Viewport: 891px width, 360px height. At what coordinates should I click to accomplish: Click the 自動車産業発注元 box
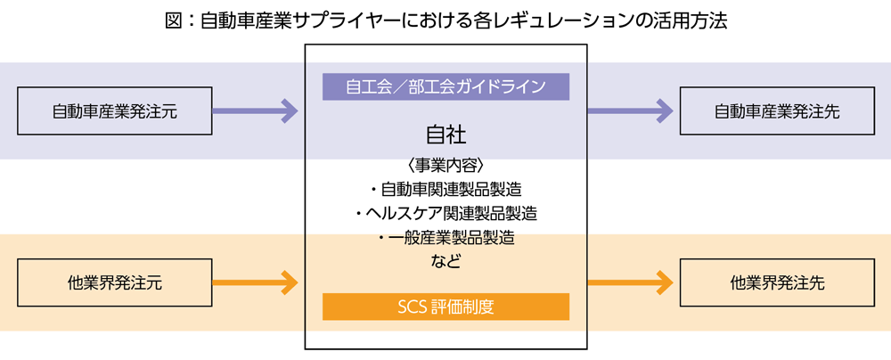tap(115, 111)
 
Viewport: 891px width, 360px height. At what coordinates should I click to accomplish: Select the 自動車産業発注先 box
tap(776, 111)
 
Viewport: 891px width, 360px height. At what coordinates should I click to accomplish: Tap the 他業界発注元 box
tap(115, 283)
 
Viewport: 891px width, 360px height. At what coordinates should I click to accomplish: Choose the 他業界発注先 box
tap(776, 283)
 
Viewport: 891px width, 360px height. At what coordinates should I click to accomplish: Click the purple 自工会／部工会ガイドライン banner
tap(445, 86)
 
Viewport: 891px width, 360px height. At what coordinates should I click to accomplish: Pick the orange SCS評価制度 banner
tap(445, 307)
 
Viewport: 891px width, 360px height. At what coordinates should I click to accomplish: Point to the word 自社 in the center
tap(445, 135)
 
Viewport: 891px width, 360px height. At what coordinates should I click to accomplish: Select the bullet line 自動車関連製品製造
tap(445, 189)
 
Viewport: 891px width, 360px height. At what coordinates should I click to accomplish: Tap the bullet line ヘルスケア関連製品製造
tap(445, 214)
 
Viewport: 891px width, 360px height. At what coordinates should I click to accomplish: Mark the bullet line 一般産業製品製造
tap(445, 238)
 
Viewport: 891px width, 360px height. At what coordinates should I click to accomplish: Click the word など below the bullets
tap(445, 262)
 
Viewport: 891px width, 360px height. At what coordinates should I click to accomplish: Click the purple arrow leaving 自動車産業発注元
tap(256, 111)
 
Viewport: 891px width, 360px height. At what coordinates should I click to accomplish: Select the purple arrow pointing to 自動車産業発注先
tap(630, 111)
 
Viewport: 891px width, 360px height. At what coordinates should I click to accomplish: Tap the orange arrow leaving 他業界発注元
tap(256, 283)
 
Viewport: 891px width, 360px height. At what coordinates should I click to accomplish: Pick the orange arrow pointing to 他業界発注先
tap(630, 283)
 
